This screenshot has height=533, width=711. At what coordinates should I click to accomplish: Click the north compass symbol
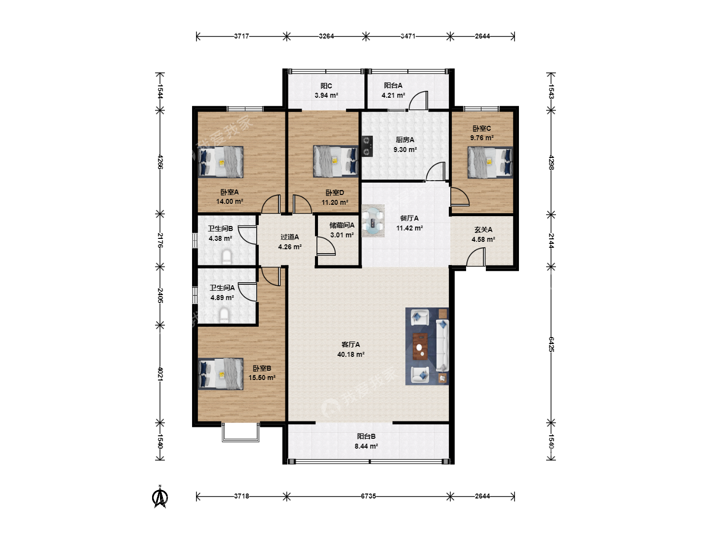159,497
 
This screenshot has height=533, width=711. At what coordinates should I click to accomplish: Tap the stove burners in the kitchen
367,146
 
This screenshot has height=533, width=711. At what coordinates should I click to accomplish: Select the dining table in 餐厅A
373,221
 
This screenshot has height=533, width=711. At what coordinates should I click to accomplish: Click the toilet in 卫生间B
227,257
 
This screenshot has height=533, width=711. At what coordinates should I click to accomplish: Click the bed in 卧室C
490,162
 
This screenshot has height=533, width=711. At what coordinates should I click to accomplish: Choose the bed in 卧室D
336,161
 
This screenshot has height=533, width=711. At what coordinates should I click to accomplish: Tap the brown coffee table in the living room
420,346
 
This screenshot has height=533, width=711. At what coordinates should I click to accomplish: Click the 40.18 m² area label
351,354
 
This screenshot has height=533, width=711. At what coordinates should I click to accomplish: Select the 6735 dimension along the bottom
368,496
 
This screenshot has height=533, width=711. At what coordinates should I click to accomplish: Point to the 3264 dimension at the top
326,36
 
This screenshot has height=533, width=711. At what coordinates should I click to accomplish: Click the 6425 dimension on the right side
551,344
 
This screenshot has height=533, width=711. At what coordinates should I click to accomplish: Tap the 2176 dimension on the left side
160,240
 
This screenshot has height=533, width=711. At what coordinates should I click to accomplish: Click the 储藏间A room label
342,225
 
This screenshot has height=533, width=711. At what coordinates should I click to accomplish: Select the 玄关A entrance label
483,230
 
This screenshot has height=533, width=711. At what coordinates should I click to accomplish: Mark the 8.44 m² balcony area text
366,446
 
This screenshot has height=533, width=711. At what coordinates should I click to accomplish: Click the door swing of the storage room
325,246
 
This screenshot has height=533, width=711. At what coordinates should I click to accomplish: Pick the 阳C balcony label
326,86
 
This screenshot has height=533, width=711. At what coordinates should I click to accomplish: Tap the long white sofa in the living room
442,345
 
